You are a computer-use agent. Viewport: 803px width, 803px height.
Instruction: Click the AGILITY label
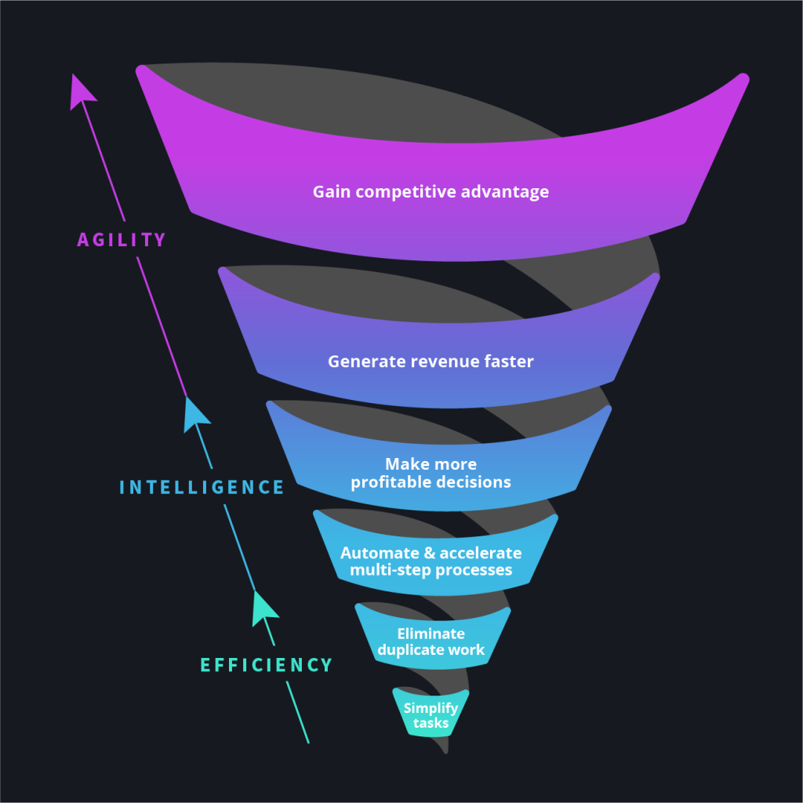(x=122, y=240)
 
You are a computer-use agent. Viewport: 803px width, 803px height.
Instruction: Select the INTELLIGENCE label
(x=202, y=487)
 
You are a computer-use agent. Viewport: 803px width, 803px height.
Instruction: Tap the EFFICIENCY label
(x=267, y=665)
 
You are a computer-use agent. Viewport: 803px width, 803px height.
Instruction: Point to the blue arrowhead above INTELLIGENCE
(x=194, y=413)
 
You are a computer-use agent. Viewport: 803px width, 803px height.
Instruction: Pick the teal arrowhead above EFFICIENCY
(x=263, y=607)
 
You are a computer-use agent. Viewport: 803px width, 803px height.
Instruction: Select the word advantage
(x=510, y=192)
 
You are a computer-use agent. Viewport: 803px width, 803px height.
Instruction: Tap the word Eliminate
(x=431, y=634)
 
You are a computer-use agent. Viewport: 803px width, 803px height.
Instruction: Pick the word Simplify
(x=431, y=708)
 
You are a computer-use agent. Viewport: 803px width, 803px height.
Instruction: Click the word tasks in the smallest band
(x=431, y=723)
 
